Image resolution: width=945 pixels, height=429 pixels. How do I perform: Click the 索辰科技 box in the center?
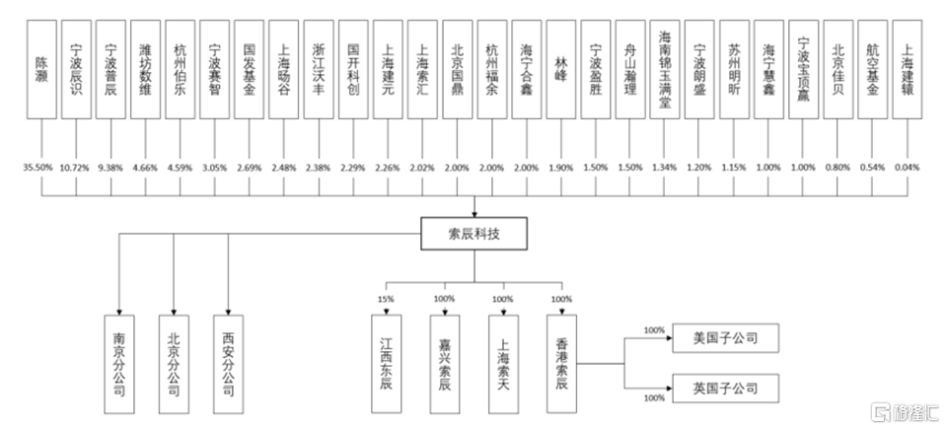pyautogui.click(x=472, y=234)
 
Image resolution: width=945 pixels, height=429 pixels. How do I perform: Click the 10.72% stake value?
pyautogui.click(x=76, y=167)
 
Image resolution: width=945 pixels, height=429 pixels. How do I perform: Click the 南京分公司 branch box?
pyautogui.click(x=118, y=361)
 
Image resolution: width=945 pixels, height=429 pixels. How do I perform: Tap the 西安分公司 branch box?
pyautogui.click(x=228, y=361)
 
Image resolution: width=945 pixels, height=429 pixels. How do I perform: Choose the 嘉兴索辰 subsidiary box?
pyautogui.click(x=446, y=361)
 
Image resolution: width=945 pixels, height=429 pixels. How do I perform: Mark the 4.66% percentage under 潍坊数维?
pyautogui.click(x=145, y=167)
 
